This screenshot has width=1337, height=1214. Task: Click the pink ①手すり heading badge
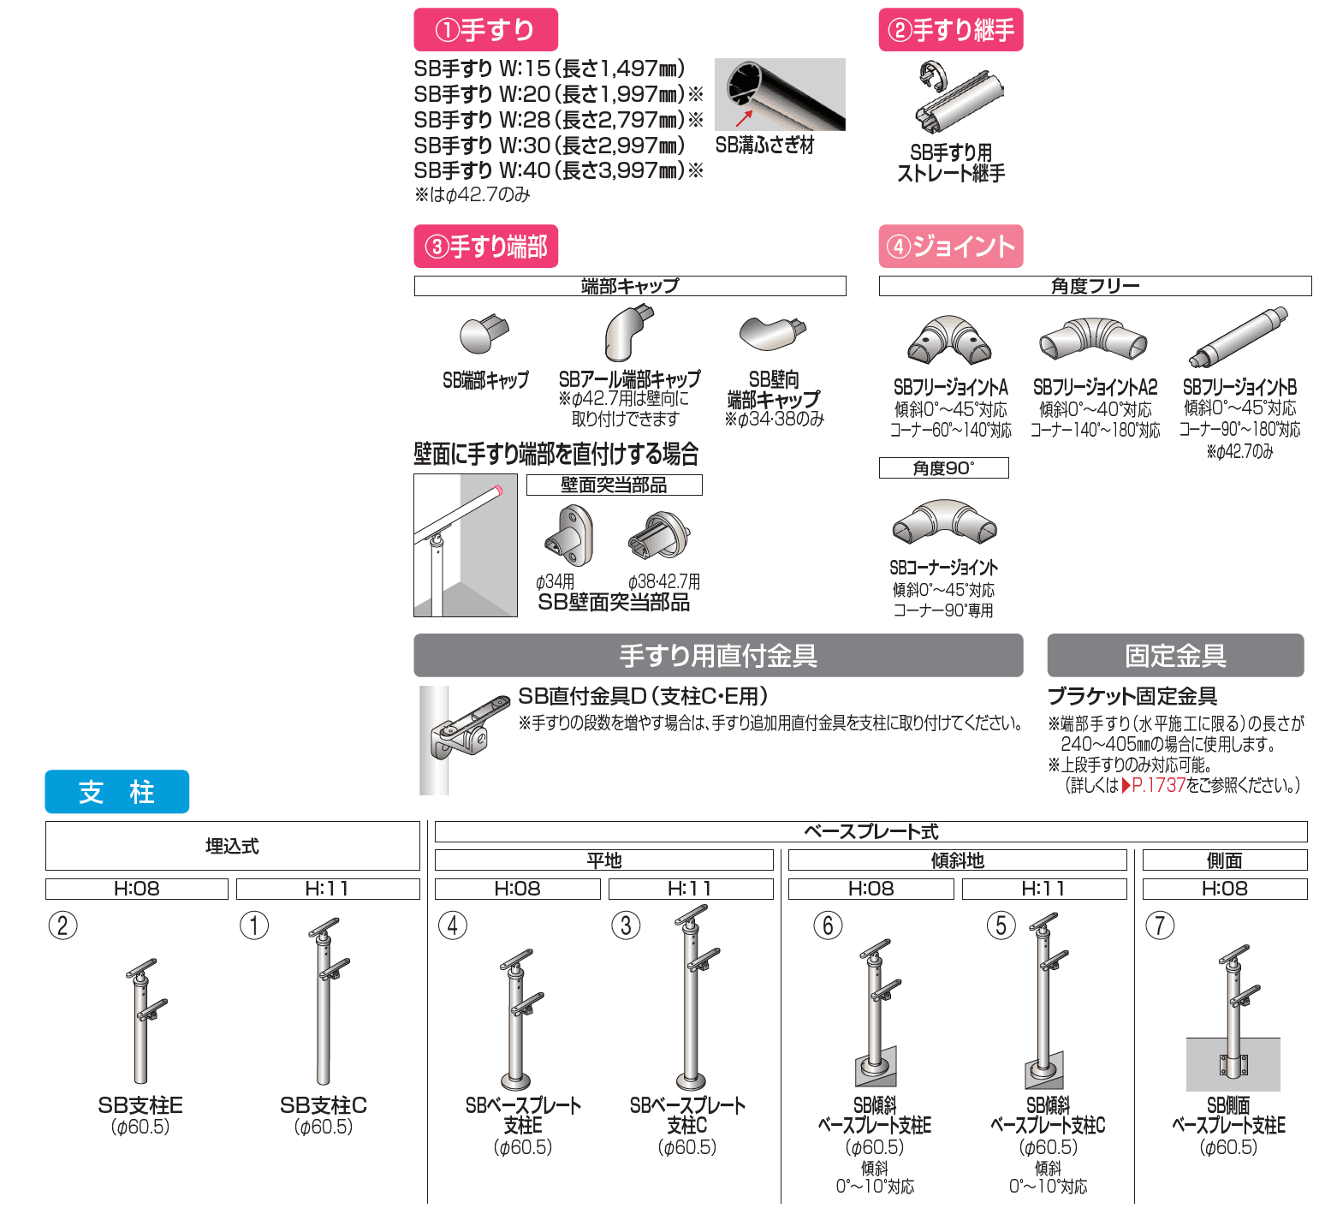485,30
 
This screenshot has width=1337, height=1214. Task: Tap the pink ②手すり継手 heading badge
951,30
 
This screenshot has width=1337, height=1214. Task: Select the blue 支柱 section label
116,792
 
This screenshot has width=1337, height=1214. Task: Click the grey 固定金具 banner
1175,656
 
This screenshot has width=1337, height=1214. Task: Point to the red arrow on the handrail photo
744,118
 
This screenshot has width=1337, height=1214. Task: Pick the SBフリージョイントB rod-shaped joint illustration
1239,337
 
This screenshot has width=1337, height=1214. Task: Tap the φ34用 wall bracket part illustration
568,536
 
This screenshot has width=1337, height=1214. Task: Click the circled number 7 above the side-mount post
1160,925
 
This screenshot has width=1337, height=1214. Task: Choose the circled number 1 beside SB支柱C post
254,925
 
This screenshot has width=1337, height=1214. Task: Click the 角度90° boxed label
943,468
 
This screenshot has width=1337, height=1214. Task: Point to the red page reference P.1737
1158,785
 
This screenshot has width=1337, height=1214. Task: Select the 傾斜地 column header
957,860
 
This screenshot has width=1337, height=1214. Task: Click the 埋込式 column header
232,846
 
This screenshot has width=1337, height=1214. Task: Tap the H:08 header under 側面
1225,889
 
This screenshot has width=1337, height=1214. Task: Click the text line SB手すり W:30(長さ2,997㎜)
550,146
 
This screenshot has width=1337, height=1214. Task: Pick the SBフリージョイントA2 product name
1095,388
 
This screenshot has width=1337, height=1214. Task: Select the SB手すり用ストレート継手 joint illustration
957,97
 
